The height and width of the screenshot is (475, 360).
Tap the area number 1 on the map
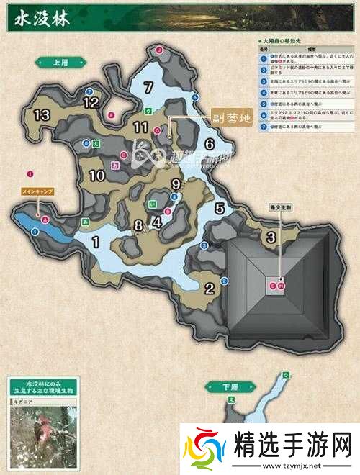tap(95, 242)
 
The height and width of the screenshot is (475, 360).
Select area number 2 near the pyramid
tap(210, 289)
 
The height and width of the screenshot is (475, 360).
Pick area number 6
tap(210, 143)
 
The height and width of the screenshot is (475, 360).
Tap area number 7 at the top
tap(148, 89)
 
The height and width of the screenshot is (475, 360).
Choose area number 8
tap(138, 224)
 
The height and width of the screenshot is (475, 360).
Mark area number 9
tap(176, 184)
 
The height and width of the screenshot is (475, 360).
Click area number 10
tap(97, 174)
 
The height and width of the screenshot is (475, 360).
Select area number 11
tap(140, 127)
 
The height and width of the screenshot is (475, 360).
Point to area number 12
tap(90, 103)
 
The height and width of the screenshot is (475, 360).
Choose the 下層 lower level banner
tap(222, 387)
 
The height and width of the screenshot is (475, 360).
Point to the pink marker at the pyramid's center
tap(276, 286)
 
